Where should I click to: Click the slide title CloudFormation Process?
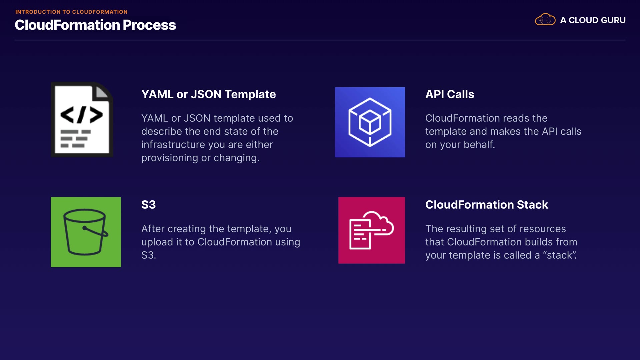coord(95,25)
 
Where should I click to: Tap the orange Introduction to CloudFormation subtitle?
coord(71,12)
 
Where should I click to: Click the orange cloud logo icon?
coord(545,19)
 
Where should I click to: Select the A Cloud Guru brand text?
coord(593,20)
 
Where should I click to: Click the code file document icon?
coord(82,119)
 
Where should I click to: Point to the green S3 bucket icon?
coord(86,232)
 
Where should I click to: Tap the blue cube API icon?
coord(370,122)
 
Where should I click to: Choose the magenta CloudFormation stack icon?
coord(372,230)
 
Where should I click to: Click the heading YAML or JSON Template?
coord(208,94)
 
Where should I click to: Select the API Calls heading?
coord(450,94)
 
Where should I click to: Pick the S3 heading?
coord(148,205)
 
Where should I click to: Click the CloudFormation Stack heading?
coord(487,205)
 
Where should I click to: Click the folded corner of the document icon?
coord(102,92)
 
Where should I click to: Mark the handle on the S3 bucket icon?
coord(96,231)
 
